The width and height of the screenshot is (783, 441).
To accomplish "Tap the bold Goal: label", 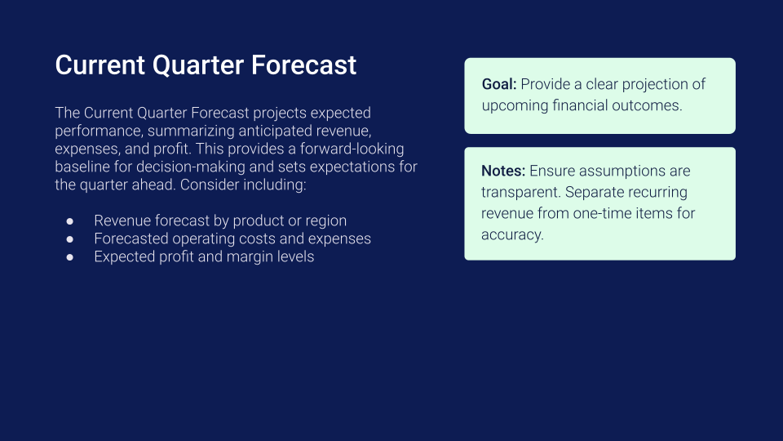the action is tap(499, 84).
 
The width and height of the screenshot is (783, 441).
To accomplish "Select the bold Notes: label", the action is tap(503, 171).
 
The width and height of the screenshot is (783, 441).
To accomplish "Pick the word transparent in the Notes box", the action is tap(521, 193).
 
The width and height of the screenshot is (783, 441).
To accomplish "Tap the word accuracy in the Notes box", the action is tap(512, 235).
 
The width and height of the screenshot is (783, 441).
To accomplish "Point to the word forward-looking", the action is tap(352, 149).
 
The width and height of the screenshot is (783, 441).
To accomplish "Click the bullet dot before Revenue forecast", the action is tap(70, 221).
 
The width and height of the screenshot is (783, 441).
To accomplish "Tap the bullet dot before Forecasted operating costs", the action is tap(70, 239).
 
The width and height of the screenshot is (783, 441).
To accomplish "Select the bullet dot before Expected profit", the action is tap(70, 257).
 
